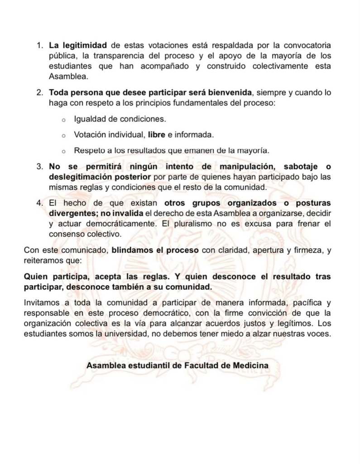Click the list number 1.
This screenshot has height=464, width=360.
39,46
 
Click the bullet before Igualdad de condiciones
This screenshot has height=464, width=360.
64,120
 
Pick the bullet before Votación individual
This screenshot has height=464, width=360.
64,135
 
